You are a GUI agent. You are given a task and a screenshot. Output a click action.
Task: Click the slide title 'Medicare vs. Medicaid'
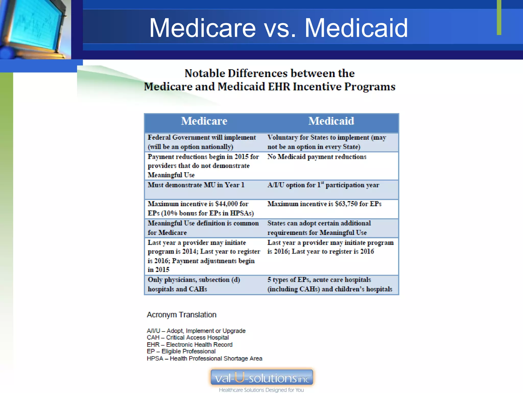click(x=278, y=28)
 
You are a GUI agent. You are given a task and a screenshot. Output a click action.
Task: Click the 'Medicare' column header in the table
click(x=204, y=121)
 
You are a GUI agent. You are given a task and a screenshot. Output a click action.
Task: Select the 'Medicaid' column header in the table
click(x=331, y=121)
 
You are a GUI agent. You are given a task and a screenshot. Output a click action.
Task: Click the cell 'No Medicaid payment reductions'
click(x=317, y=157)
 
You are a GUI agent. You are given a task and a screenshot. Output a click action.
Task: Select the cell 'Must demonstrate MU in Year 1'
click(x=196, y=185)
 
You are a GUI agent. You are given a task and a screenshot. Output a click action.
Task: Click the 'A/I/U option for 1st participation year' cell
click(x=323, y=185)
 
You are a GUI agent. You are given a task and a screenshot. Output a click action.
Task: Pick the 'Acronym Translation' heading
click(x=182, y=315)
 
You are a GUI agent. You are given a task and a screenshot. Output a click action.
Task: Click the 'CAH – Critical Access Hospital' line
click(x=188, y=338)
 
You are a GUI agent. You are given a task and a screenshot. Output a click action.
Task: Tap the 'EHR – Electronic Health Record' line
click(x=189, y=345)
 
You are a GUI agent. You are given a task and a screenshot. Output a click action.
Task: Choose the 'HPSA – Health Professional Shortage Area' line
click(x=204, y=358)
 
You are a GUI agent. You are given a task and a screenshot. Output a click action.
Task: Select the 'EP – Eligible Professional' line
click(x=181, y=352)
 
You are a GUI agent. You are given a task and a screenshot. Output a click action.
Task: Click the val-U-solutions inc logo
click(x=262, y=377)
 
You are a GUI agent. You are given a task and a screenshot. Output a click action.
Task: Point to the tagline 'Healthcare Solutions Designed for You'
click(x=261, y=390)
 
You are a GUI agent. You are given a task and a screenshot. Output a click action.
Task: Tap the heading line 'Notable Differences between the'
click(x=269, y=73)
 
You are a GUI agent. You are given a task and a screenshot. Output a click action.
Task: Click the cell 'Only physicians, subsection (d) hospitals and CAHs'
click(x=194, y=284)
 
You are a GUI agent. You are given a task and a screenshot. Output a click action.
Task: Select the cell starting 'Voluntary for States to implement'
click(x=327, y=142)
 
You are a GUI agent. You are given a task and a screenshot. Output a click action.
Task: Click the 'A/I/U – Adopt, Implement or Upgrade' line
click(x=196, y=331)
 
